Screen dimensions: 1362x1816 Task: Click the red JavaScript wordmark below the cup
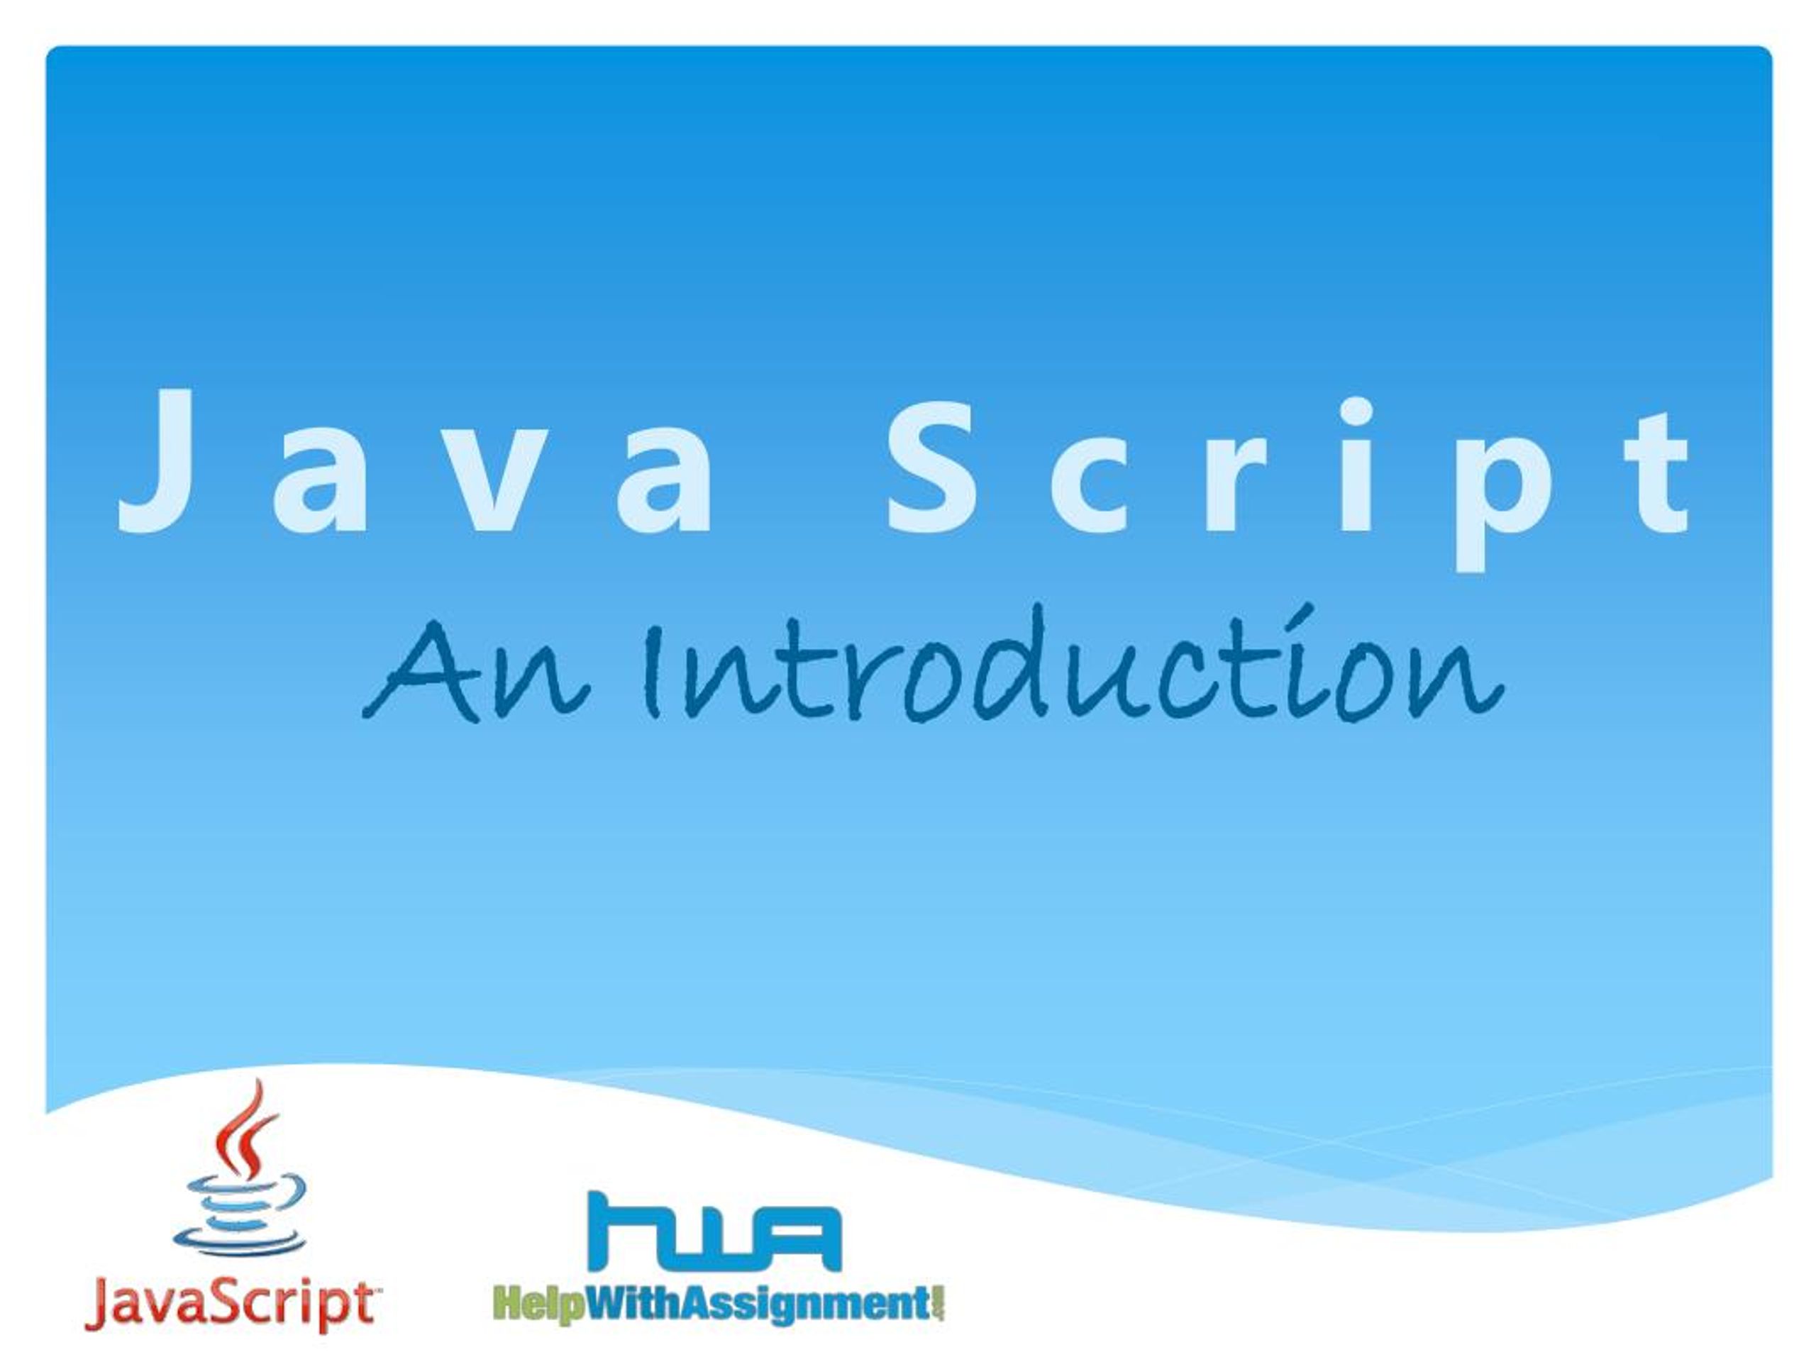tap(231, 1305)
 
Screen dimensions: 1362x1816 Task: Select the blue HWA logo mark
tap(714, 1231)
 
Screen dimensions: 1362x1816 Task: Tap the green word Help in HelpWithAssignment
tap(538, 1305)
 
